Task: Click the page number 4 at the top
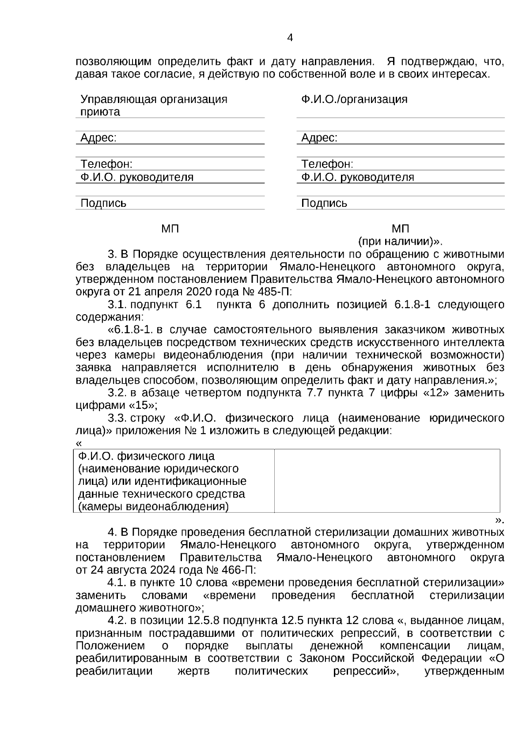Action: coord(290,38)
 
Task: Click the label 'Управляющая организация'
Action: coord(154,99)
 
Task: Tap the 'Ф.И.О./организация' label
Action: coord(354,99)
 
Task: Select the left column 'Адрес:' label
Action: coord(98,138)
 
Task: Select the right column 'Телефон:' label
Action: coord(327,164)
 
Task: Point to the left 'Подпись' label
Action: coord(103,203)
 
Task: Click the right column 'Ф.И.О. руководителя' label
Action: coord(358,177)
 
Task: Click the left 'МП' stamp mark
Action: coord(170,229)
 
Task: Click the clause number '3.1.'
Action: coord(117,305)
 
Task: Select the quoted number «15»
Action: coord(142,405)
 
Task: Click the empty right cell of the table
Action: coord(387,481)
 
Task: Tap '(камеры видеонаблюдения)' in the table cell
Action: coord(153,506)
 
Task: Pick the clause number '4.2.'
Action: coord(117,621)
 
